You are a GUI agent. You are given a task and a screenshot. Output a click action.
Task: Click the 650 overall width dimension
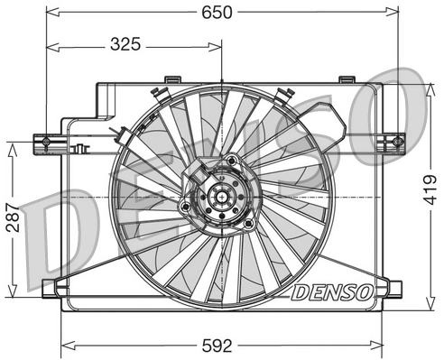[222, 12]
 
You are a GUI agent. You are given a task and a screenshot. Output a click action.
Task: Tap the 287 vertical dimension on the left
[12, 217]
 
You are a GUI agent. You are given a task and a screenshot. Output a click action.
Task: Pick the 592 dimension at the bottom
[222, 345]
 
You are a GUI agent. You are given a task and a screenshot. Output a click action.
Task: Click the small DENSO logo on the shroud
[330, 291]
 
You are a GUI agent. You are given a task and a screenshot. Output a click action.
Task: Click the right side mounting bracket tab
[397, 141]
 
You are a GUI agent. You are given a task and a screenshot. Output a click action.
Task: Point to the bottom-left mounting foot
[54, 288]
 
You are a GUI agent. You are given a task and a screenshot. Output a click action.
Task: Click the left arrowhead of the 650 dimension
[51, 12]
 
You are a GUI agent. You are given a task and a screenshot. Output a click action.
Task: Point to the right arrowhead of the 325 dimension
[217, 43]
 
